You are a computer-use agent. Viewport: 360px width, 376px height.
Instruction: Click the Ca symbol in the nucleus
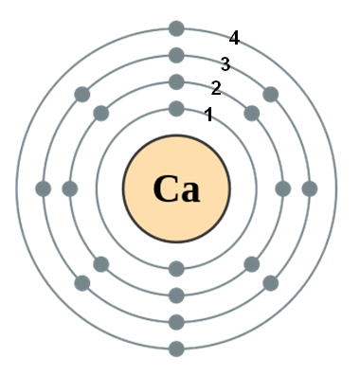pyautogui.click(x=176, y=188)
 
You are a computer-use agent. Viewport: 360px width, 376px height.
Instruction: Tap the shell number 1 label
pyautogui.click(x=208, y=115)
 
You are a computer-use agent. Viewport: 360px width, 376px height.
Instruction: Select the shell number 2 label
pyautogui.click(x=216, y=88)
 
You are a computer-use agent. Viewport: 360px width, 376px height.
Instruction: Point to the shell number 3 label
pyautogui.click(x=225, y=64)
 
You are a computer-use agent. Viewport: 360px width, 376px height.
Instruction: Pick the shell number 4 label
pyautogui.click(x=234, y=38)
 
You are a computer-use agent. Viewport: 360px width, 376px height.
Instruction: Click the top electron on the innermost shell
pyautogui.click(x=176, y=109)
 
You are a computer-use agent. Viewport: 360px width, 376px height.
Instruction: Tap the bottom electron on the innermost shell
pyautogui.click(x=176, y=269)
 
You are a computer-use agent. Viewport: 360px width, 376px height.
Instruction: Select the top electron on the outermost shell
pyautogui.click(x=176, y=28)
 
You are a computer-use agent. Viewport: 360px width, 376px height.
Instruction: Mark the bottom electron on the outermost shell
pyautogui.click(x=176, y=349)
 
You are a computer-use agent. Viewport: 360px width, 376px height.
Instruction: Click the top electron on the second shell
pyautogui.click(x=176, y=82)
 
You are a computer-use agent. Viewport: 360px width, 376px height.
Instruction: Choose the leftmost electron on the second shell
pyautogui.click(x=70, y=188)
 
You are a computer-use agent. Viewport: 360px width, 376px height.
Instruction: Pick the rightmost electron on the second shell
pyautogui.click(x=283, y=188)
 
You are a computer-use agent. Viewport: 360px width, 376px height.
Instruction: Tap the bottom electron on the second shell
pyautogui.click(x=176, y=295)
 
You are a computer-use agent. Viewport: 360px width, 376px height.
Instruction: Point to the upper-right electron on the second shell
pyautogui.click(x=252, y=114)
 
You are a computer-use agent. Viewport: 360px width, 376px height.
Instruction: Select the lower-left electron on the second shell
pyautogui.click(x=101, y=264)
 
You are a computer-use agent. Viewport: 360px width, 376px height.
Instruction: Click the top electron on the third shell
pyautogui.click(x=176, y=55)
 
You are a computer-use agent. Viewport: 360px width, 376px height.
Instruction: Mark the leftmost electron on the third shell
pyautogui.click(x=44, y=188)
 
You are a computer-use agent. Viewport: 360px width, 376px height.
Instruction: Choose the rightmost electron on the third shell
pyautogui.click(x=310, y=188)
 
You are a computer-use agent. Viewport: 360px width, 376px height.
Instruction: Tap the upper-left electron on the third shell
pyautogui.click(x=82, y=95)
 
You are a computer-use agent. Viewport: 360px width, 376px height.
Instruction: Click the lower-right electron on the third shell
pyautogui.click(x=271, y=283)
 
